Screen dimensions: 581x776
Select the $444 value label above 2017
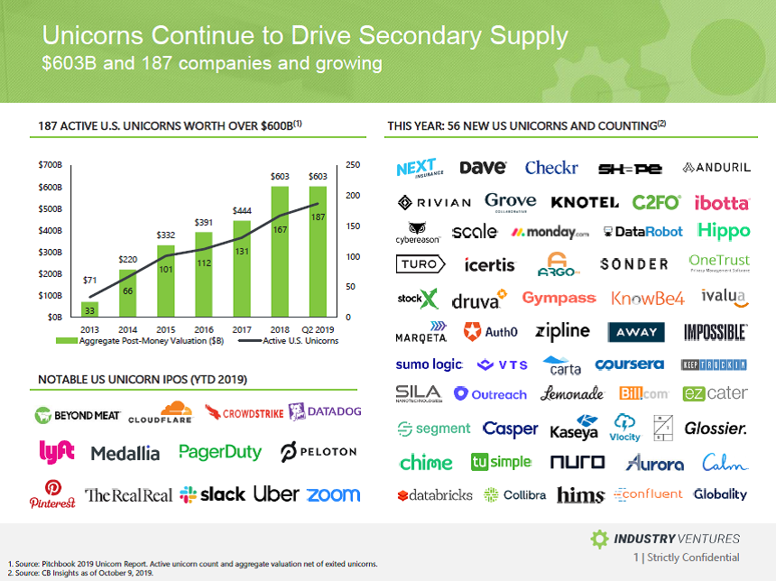pos(242,210)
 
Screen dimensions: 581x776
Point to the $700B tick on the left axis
pos(50,166)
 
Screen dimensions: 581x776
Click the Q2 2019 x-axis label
pos(318,330)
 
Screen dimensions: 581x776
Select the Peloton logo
pos(319,451)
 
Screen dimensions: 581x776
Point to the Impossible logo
pos(716,332)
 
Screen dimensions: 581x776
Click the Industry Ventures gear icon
pos(599,539)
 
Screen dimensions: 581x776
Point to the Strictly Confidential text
pos(692,558)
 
